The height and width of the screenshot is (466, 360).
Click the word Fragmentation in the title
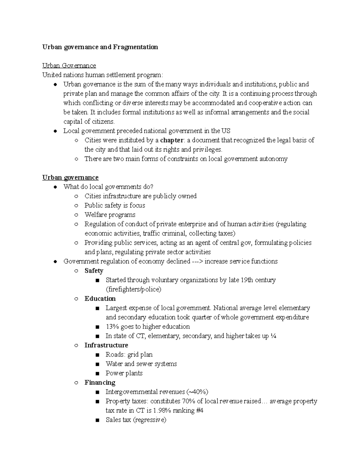tap(135, 47)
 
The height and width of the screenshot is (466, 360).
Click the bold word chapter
tap(172, 140)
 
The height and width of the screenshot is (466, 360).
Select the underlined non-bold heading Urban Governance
tap(69, 66)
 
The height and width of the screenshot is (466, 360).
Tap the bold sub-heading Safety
tap(94, 271)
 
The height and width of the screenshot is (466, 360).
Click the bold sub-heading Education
tap(100, 299)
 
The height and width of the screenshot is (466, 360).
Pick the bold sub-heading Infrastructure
tap(106, 345)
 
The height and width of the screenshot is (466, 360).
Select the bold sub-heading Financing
tap(100, 383)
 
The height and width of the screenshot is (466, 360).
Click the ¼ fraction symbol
tap(273, 336)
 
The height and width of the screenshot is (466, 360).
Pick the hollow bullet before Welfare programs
tap(76, 215)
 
